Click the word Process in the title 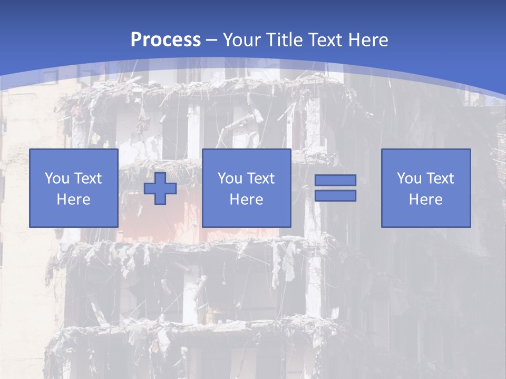coord(166,40)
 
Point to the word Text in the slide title coord(325,40)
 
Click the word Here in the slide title coord(368,40)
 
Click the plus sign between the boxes coord(160,188)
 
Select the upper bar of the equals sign coord(335,180)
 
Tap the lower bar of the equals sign coord(335,196)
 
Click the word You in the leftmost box coord(57,178)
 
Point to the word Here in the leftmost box coord(73,200)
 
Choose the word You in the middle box coord(230,178)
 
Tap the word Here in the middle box coord(246,200)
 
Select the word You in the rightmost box coord(409,178)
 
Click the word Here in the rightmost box coord(425,200)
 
